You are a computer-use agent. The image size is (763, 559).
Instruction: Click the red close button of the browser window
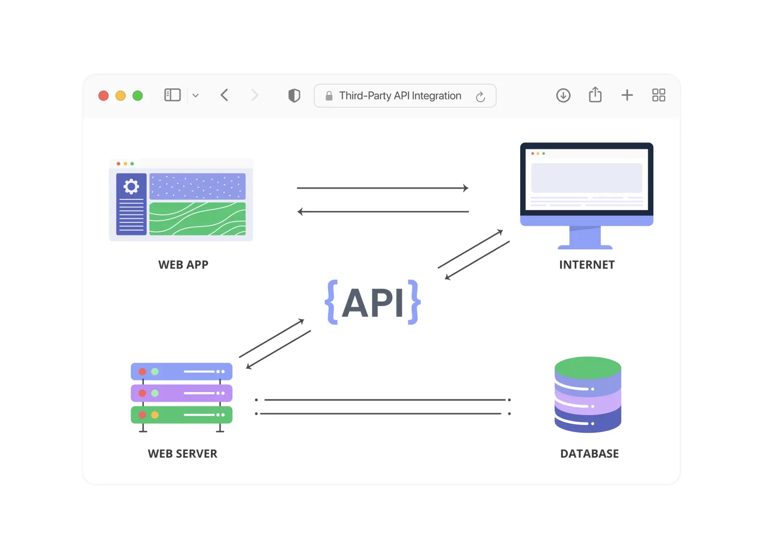104,96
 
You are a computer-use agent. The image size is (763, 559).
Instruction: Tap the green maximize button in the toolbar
138,96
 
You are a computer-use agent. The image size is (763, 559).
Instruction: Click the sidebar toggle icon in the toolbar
172,95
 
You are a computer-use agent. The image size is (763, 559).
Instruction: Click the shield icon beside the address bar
294,96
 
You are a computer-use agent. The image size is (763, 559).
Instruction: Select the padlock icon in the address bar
329,96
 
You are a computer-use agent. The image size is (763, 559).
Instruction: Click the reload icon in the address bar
480,97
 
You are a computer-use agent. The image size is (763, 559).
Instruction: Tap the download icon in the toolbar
563,96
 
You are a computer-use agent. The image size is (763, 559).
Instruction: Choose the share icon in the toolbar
595,95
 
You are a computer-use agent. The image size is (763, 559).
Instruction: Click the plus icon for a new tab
627,95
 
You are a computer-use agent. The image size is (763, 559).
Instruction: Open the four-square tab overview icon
658,95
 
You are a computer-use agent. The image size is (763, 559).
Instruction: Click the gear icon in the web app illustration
131,186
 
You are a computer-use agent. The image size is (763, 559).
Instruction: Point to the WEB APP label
183,265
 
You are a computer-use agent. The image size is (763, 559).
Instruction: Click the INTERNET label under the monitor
587,265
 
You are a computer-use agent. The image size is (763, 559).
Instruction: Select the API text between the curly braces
373,303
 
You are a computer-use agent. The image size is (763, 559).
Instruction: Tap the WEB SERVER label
182,454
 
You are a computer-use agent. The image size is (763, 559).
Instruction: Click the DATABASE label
590,454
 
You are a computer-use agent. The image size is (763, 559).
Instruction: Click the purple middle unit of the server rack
182,393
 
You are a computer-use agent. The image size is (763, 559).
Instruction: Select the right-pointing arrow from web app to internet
382,188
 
